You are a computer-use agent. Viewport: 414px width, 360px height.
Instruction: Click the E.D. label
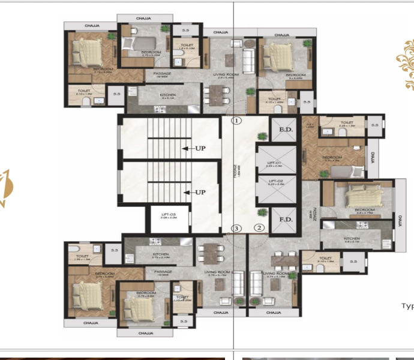(280, 128)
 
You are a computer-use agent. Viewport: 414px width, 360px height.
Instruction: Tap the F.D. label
(280, 220)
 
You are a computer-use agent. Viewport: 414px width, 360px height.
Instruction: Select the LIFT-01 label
(275, 164)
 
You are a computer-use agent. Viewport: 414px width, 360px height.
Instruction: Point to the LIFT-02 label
(275, 182)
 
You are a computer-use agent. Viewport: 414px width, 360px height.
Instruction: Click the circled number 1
(237, 121)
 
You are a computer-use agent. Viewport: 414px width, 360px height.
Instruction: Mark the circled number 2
(259, 227)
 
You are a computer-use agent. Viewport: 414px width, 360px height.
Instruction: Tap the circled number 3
(237, 228)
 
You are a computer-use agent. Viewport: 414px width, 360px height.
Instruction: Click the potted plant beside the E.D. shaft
(261, 136)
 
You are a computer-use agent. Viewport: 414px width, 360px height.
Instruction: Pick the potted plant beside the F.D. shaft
(262, 212)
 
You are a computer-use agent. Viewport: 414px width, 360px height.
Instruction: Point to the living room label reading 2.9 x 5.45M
(228, 76)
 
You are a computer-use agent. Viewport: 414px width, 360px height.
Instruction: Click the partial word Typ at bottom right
(407, 305)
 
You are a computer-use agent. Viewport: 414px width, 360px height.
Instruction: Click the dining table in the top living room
(217, 94)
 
